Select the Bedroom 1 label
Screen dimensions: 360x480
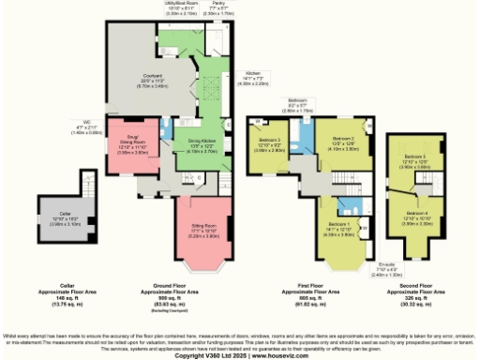coord(339,226)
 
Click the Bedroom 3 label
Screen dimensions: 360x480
coord(270,141)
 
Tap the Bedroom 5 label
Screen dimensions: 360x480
coord(415,156)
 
